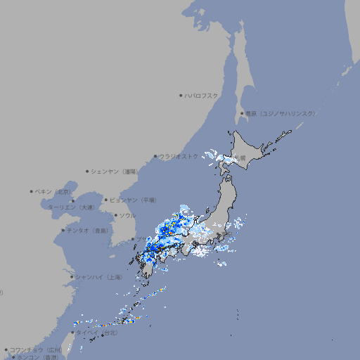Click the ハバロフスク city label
click(202, 95)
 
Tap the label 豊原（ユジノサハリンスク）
click(280, 113)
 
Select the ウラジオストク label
click(179, 157)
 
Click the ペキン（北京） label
click(54, 191)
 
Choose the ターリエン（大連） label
click(71, 207)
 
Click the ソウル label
click(127, 215)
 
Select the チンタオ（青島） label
click(88, 230)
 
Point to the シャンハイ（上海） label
click(99, 277)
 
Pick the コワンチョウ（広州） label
click(36, 349)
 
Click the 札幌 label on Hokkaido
click(240, 158)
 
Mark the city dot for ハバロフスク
click(181, 95)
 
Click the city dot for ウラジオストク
click(155, 157)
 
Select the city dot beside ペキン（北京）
click(32, 191)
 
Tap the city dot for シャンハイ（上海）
click(72, 277)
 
